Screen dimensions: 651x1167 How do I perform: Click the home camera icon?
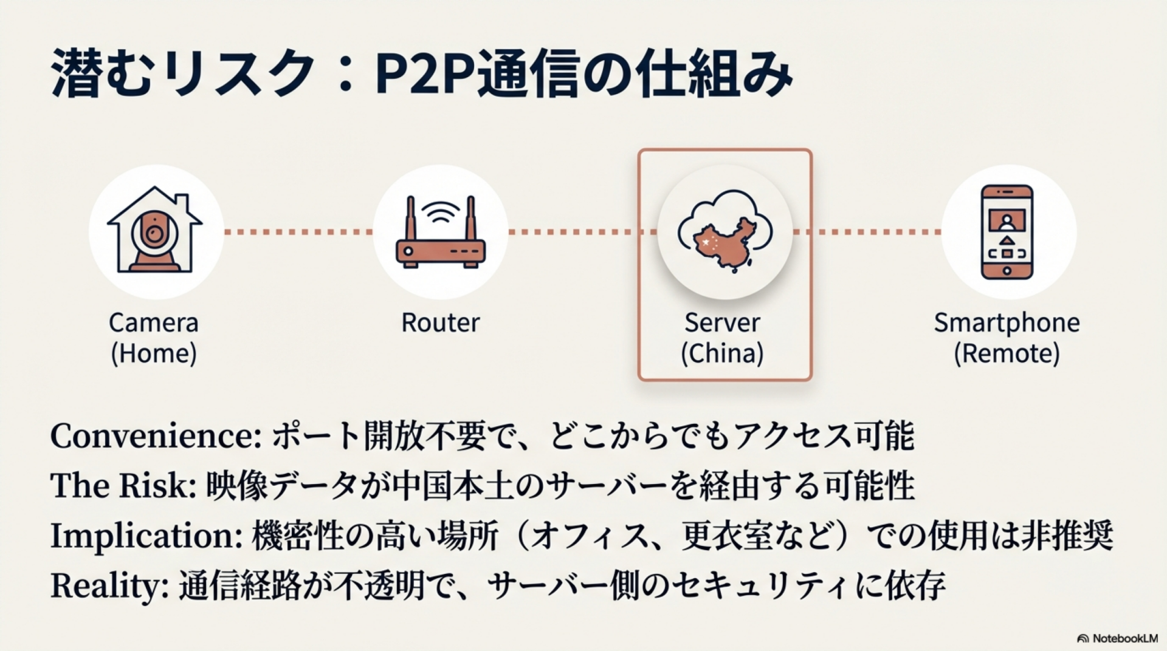155,232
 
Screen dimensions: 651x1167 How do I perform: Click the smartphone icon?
1007,232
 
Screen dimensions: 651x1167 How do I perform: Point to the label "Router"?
441,322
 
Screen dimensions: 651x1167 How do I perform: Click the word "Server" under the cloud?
722,322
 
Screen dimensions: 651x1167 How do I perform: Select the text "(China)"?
722,353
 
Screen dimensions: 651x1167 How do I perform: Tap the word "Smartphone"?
1007,322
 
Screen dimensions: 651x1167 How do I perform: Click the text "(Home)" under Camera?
154,353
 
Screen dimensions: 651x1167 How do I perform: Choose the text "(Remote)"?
1007,353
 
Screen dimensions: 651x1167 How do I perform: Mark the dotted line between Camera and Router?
298,232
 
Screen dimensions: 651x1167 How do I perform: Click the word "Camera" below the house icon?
154,322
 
